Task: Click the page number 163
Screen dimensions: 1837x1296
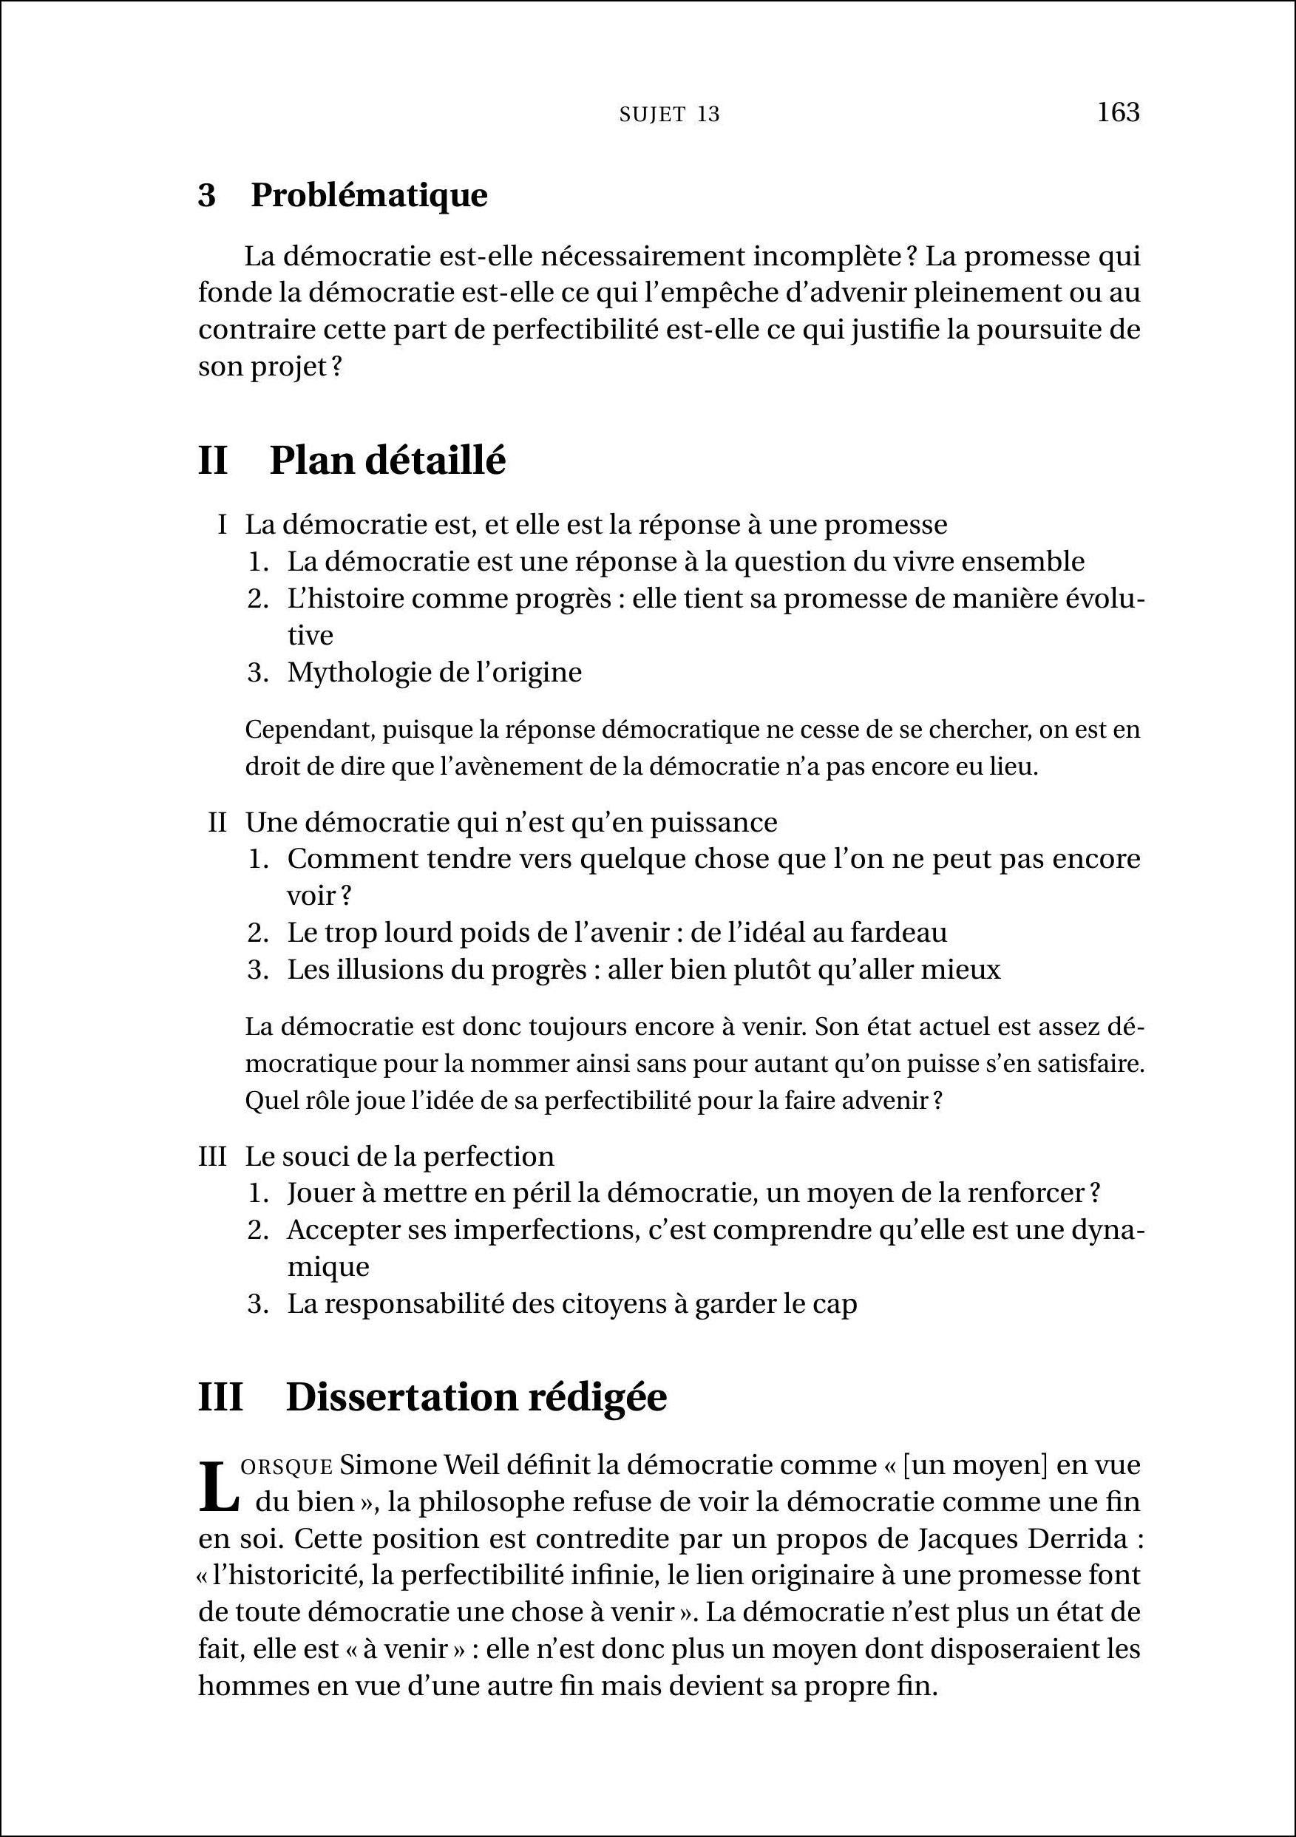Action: pos(1118,112)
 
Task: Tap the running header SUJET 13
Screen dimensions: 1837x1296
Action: pos(670,115)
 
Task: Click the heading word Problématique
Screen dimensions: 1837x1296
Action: pos(369,195)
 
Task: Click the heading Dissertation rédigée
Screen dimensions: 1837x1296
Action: pos(476,1398)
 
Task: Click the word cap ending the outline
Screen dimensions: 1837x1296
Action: pos(839,1303)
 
